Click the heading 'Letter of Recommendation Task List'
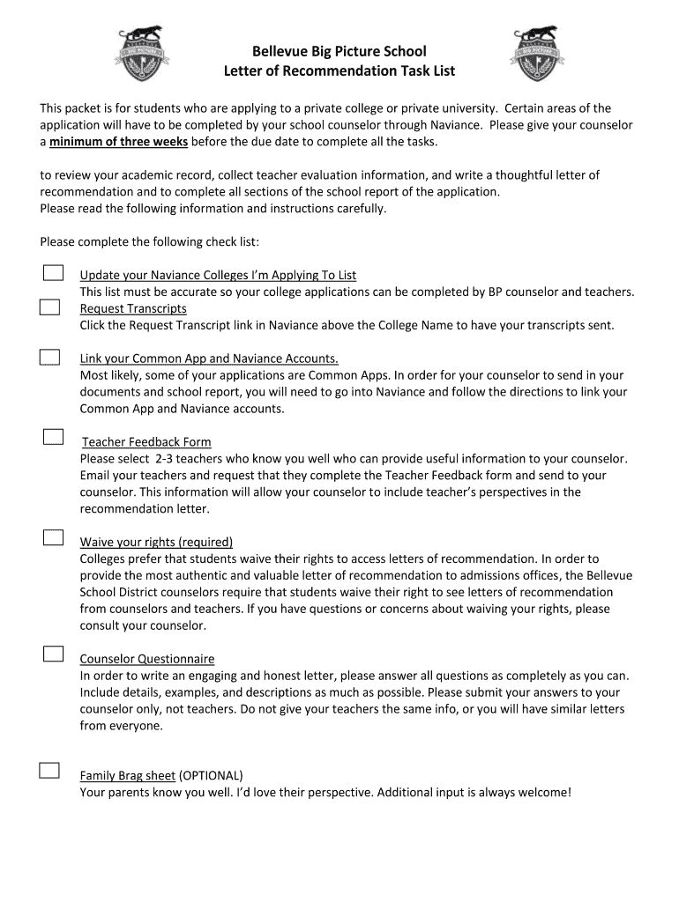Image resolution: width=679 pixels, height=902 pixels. (x=339, y=70)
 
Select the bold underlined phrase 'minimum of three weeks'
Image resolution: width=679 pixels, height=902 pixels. (x=118, y=141)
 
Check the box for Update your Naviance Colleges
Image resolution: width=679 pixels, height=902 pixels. (x=53, y=272)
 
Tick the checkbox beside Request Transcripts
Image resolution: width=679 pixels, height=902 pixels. (x=49, y=307)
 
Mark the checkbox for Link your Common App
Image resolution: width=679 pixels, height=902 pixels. (x=49, y=357)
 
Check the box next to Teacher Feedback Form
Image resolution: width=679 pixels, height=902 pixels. (x=54, y=437)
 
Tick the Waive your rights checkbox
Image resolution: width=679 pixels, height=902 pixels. (x=53, y=537)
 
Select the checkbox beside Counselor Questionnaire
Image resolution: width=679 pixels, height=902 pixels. (x=54, y=654)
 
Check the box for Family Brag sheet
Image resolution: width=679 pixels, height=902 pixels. (x=49, y=771)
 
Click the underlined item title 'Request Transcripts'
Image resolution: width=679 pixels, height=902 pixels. (x=133, y=308)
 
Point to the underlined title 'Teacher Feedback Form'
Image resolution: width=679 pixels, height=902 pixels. (x=146, y=442)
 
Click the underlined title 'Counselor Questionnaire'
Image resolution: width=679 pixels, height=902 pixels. (x=147, y=659)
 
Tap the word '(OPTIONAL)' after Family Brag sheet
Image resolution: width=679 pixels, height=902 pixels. (x=211, y=776)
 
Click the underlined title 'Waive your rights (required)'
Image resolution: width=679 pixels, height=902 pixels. (x=156, y=542)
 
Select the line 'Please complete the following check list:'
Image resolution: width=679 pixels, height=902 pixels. (x=150, y=242)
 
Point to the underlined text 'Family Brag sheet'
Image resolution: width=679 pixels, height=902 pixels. (x=128, y=776)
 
